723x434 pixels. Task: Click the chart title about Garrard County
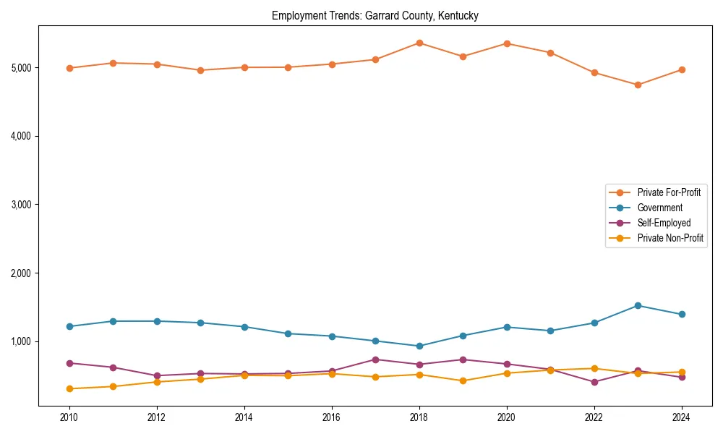point(375,15)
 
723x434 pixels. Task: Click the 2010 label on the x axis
point(69,417)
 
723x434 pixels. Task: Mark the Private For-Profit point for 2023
point(638,85)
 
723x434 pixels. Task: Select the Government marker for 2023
point(638,305)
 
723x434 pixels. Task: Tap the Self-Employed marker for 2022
point(594,382)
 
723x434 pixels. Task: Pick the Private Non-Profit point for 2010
point(69,388)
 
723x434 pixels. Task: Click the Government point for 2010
point(69,326)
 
